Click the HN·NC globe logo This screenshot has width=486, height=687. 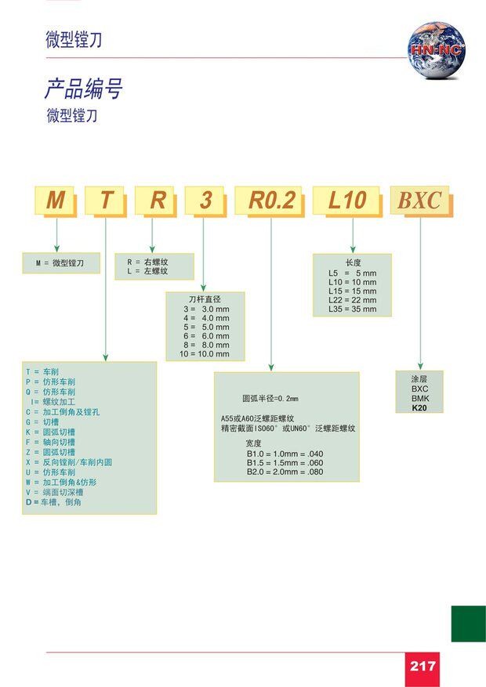tap(436, 51)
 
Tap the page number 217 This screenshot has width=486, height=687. tap(423, 667)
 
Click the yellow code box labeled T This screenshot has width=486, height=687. tap(107, 201)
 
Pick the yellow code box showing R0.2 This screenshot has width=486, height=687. tap(271, 201)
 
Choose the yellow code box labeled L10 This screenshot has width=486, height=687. tap(346, 201)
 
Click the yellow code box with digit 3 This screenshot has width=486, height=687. tap(205, 201)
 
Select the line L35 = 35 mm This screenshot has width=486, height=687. tap(352, 309)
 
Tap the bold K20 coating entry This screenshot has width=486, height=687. tap(420, 408)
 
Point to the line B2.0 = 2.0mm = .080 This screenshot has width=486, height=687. tap(285, 472)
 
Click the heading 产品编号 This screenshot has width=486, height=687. tap(83, 89)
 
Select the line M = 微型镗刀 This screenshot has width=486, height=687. tap(60, 264)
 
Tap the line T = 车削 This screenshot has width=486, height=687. tap(42, 371)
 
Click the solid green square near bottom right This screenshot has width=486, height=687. tap(468, 624)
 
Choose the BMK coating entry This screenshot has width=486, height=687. tap(420, 398)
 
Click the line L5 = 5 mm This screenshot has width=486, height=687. tap(352, 273)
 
